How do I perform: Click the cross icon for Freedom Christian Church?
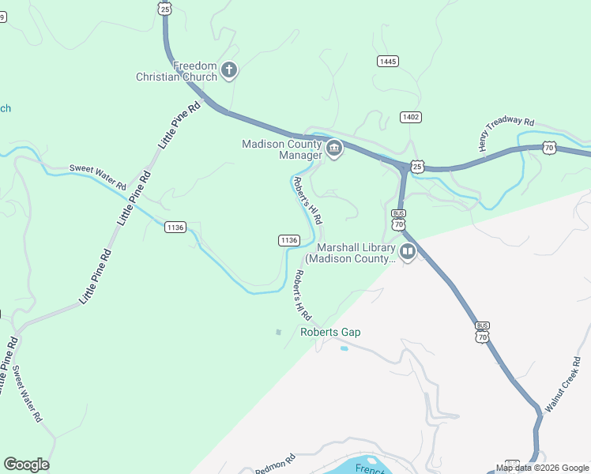(x=229, y=71)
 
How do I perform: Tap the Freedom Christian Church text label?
(x=175, y=71)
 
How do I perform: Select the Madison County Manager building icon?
(x=333, y=149)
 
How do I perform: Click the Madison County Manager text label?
(x=282, y=149)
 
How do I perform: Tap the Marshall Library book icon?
(x=408, y=253)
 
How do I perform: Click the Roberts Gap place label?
(x=330, y=332)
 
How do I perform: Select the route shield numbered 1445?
(x=388, y=61)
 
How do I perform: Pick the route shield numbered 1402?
(x=410, y=117)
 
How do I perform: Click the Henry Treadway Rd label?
(x=506, y=134)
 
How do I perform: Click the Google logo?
(x=26, y=465)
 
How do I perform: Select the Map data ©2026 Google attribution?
(x=542, y=468)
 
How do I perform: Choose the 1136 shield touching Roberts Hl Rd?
(x=288, y=240)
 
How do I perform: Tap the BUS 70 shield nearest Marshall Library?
(x=399, y=219)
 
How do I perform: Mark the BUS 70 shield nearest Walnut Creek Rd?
(x=482, y=332)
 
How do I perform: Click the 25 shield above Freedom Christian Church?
(x=164, y=7)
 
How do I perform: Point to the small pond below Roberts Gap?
(x=344, y=348)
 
